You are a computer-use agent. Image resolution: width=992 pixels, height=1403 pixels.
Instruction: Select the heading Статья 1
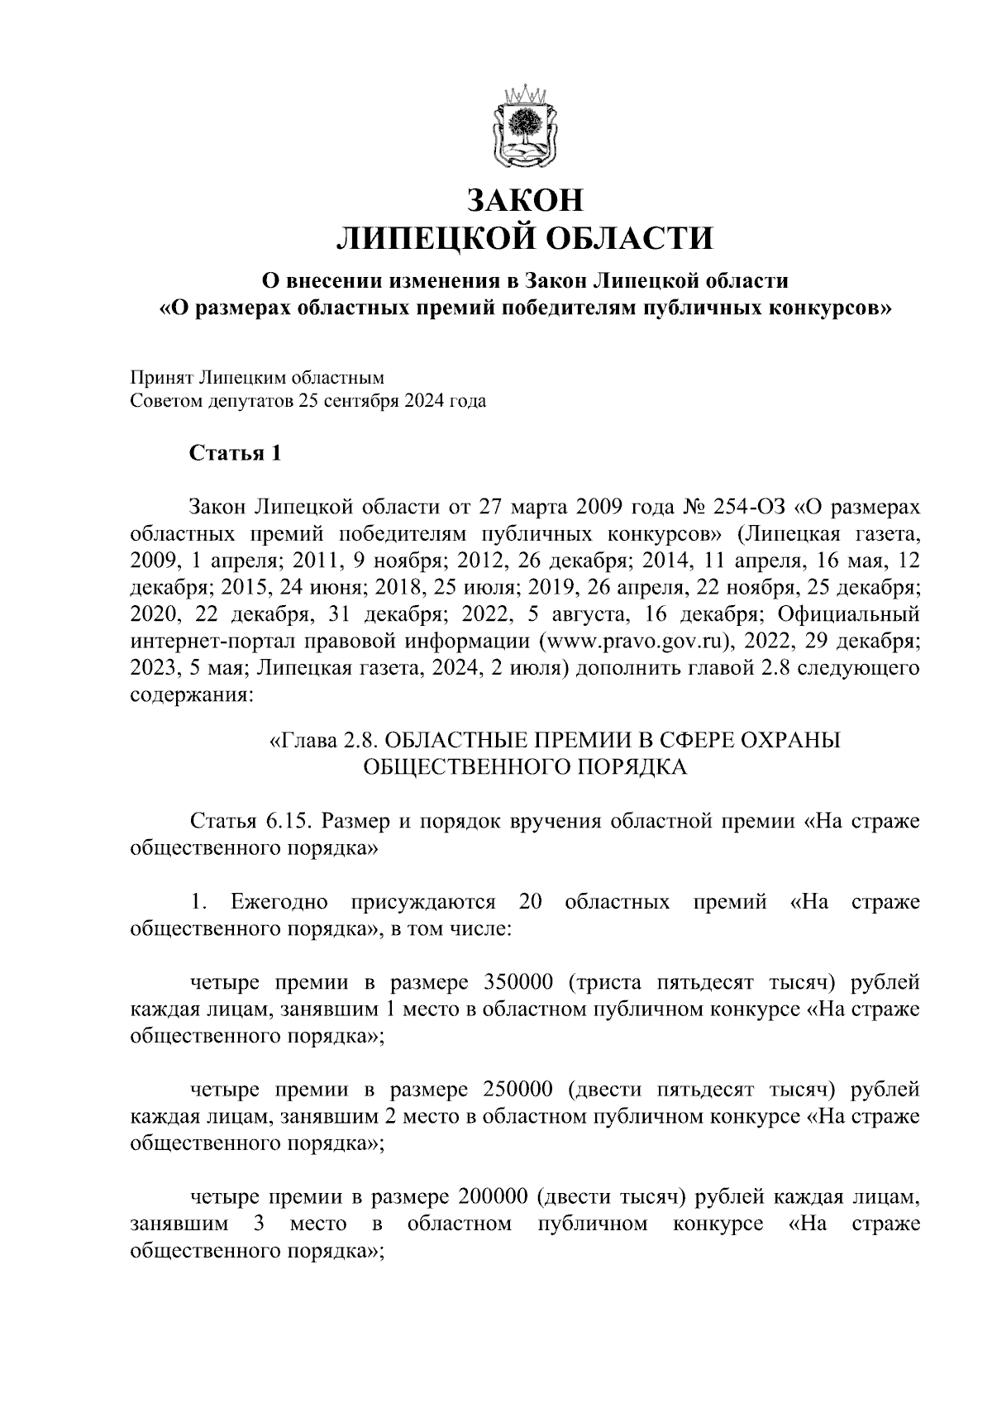coord(236,453)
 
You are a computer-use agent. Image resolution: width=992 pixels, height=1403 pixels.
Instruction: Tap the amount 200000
coord(490,1197)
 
